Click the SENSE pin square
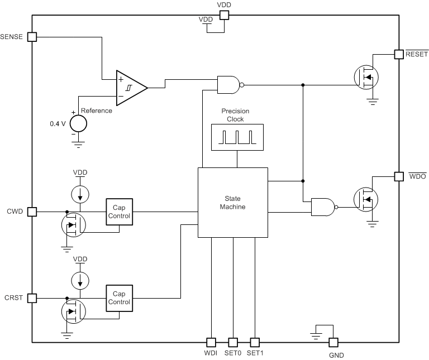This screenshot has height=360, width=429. (32, 37)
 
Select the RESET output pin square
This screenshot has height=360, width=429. (399, 54)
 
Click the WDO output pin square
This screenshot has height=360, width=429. (399, 176)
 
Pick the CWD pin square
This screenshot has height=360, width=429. (32, 212)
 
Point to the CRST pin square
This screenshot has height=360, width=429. (32, 298)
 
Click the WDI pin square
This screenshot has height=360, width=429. (211, 342)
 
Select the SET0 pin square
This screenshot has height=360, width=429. (233, 342)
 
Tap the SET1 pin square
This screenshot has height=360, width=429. (255, 342)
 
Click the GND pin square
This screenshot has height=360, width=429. (333, 342)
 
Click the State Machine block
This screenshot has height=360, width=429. (233, 203)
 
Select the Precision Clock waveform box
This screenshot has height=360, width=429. (237, 137)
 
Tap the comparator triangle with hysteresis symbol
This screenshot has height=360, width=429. (131, 88)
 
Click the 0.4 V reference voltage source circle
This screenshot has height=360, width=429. (78, 122)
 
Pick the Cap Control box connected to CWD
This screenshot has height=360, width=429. (120, 212)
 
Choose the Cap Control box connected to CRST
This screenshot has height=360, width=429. (120, 298)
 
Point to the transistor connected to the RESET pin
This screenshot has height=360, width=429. (366, 77)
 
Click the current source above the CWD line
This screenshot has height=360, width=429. (80, 194)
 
